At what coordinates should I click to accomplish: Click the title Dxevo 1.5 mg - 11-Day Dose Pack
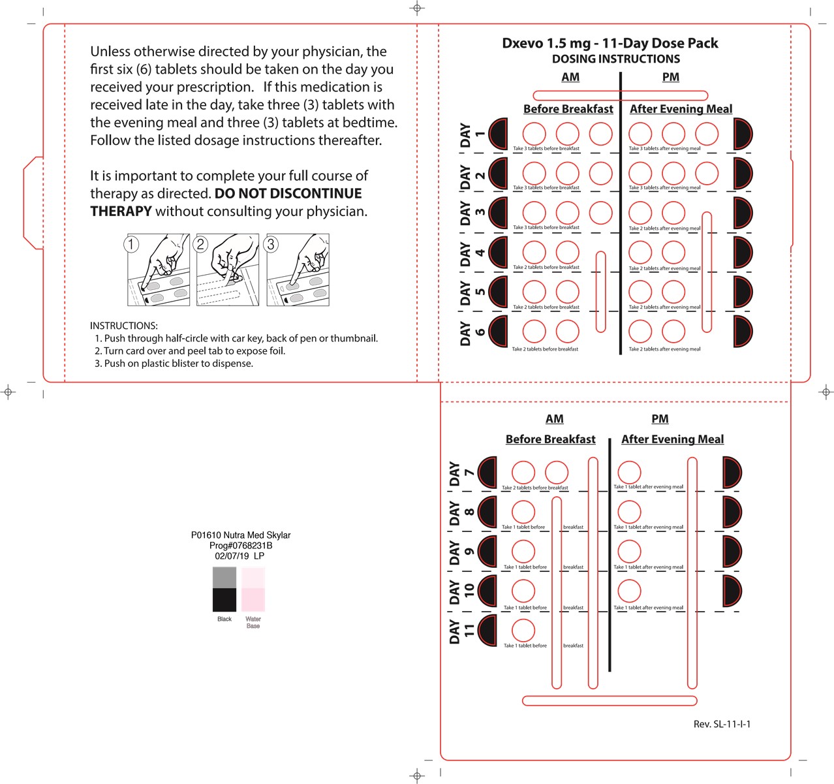(610, 43)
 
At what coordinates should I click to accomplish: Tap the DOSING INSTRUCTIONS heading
(615, 59)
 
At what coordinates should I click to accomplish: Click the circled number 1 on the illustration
(132, 244)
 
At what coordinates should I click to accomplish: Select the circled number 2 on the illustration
(201, 244)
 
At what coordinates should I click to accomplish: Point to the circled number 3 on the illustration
(271, 244)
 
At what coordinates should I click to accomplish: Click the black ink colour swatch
(224, 599)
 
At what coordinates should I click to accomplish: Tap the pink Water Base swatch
(253, 599)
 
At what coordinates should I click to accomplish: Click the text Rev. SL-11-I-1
(722, 724)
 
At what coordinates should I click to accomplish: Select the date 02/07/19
(232, 556)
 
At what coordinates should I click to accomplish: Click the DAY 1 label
(472, 135)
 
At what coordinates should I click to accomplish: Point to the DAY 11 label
(461, 631)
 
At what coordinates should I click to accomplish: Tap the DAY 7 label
(461, 473)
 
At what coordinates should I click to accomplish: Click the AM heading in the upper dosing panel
(570, 77)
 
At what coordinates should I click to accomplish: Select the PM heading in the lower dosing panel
(660, 419)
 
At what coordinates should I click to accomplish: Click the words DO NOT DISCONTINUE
(288, 193)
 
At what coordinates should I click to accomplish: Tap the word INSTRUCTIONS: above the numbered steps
(124, 326)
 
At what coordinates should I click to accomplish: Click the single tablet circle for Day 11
(523, 630)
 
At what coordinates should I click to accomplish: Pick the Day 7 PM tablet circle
(629, 472)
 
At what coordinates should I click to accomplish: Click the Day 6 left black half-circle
(499, 331)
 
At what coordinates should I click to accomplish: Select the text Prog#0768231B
(241, 546)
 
